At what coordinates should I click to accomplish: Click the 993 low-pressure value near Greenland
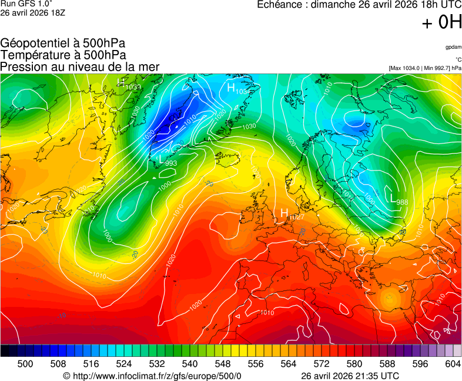[x=171, y=163]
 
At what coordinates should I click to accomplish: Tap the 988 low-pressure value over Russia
[x=402, y=202]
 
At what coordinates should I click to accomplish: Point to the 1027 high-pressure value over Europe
[x=297, y=217]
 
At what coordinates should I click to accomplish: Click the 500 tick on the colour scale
[x=25, y=364]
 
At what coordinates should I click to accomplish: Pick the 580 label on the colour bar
[x=354, y=364]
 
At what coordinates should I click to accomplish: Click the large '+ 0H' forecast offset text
[x=441, y=22]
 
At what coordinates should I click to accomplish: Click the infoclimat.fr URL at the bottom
[x=156, y=376]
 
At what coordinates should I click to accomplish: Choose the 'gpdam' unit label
[x=453, y=47]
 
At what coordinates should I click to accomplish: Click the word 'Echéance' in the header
[x=281, y=5]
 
